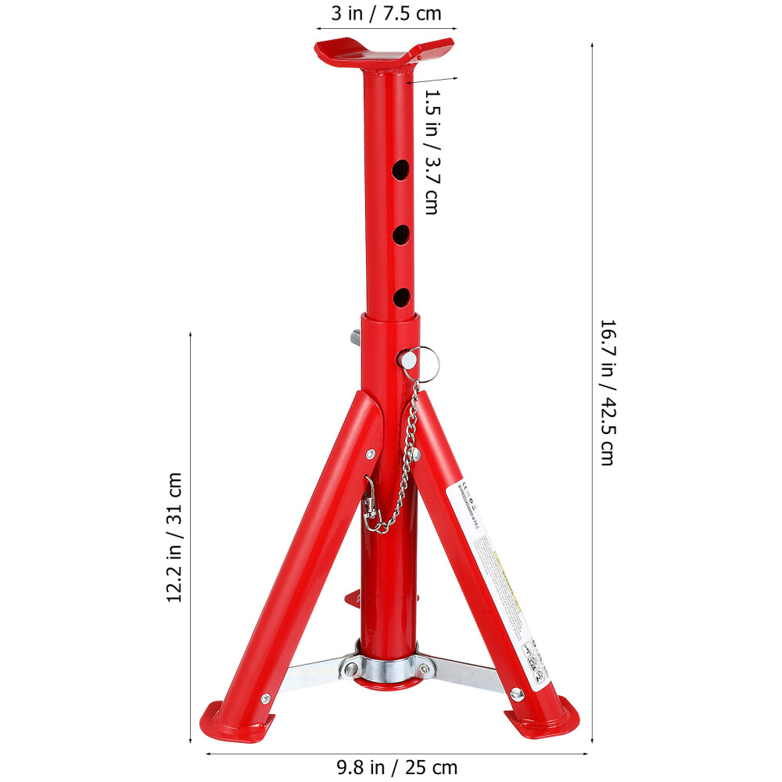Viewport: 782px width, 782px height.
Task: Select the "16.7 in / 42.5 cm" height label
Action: pos(607,392)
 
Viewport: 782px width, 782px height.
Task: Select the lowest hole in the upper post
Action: pos(401,296)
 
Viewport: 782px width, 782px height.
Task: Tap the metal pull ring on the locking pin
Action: pos(427,360)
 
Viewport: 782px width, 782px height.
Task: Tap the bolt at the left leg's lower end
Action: pos(264,698)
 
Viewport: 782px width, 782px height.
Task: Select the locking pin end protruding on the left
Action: pos(356,338)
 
